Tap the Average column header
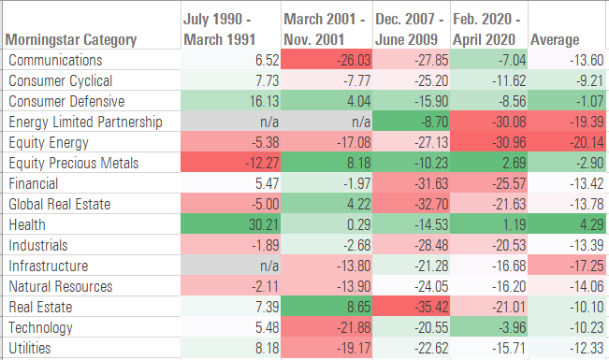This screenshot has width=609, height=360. tap(555, 40)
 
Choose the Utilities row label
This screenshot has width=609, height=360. tap(31, 348)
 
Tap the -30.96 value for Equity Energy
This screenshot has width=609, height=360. tap(486, 142)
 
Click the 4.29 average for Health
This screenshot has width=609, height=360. tap(566, 224)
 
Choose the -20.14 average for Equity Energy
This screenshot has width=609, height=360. tap(566, 142)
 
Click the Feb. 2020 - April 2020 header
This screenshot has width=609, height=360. tap(487, 29)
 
